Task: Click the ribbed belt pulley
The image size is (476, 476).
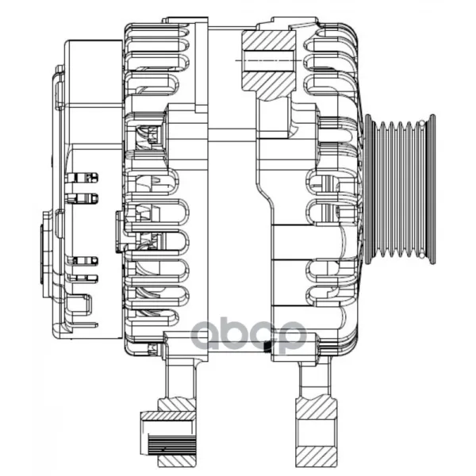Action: pos(400,189)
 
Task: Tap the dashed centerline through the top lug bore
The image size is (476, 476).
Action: pos(268,60)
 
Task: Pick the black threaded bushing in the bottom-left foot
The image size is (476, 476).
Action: pos(171,444)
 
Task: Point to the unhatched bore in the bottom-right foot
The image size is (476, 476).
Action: pos(317,432)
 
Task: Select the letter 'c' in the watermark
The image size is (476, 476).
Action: pos(258,334)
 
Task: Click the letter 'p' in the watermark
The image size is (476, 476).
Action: pos(290,336)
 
